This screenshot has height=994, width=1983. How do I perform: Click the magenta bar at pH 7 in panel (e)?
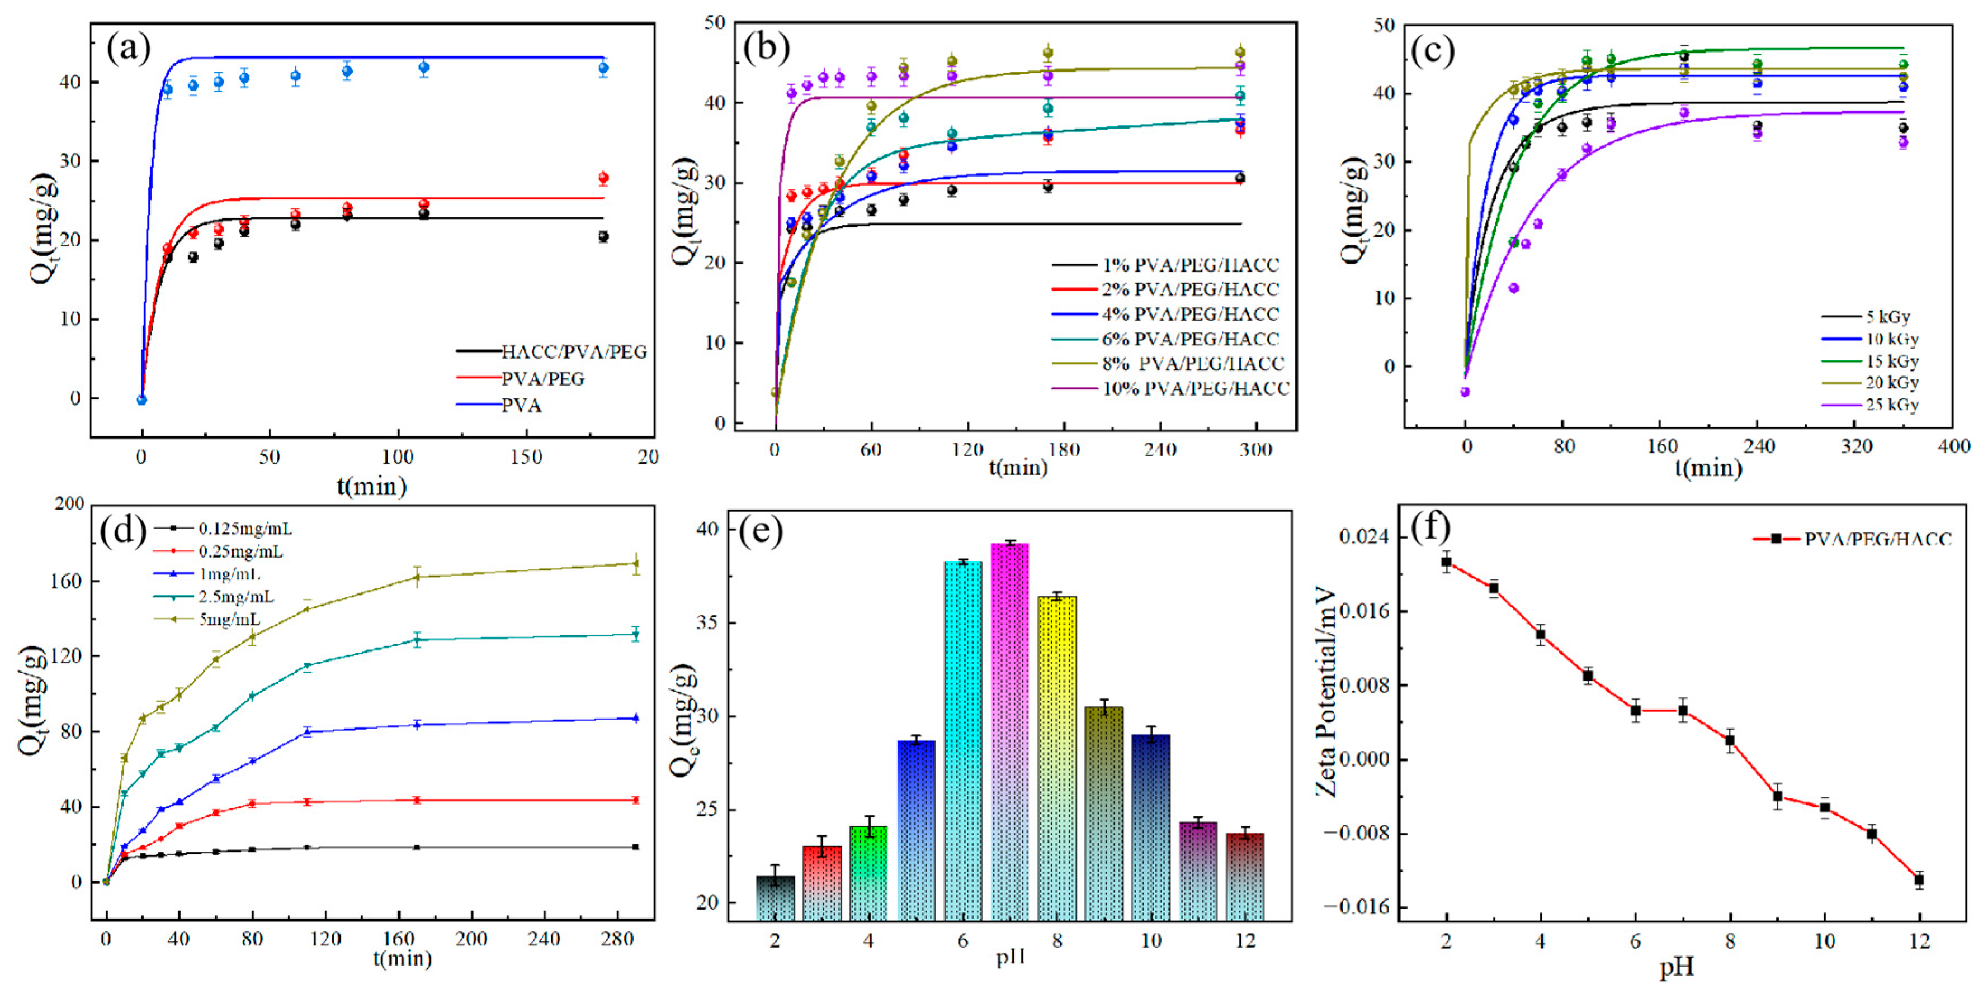click(x=1010, y=731)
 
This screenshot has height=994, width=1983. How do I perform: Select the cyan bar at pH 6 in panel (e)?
click(x=962, y=739)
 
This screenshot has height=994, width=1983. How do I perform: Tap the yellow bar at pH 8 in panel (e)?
click(x=1057, y=758)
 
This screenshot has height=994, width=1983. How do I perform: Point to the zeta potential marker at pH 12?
click(x=1919, y=880)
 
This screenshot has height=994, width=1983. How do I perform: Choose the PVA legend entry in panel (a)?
click(x=521, y=406)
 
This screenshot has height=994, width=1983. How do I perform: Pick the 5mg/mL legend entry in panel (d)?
click(x=229, y=619)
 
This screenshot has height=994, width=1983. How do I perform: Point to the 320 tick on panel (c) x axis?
click(x=1856, y=446)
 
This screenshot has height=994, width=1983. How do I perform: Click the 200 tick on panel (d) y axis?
click(x=70, y=504)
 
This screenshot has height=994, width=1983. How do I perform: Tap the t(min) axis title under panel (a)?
click(x=371, y=486)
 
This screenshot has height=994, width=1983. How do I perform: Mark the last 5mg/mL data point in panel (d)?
click(x=636, y=563)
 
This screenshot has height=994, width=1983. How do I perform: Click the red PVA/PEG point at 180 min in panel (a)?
click(x=603, y=178)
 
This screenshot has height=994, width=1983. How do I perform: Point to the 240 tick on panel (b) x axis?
click(x=1159, y=450)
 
